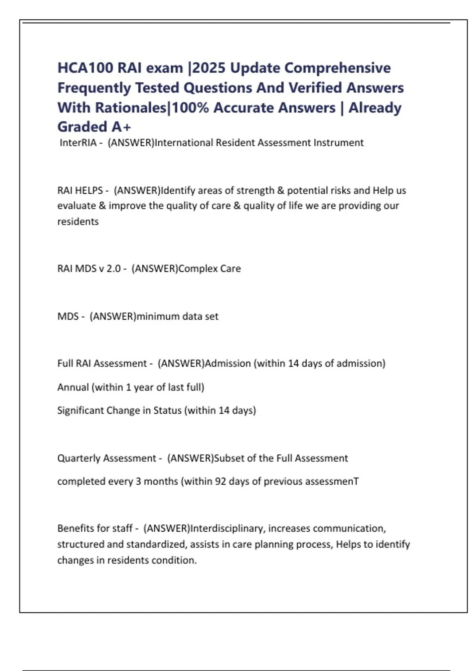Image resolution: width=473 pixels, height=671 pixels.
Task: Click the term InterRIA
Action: (78, 142)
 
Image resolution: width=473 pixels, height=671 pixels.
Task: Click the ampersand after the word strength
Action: (280, 190)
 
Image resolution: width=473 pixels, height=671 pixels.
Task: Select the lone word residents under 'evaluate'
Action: (78, 221)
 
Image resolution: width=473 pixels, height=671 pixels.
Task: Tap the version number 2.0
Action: (113, 269)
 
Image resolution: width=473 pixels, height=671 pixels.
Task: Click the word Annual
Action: (73, 387)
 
